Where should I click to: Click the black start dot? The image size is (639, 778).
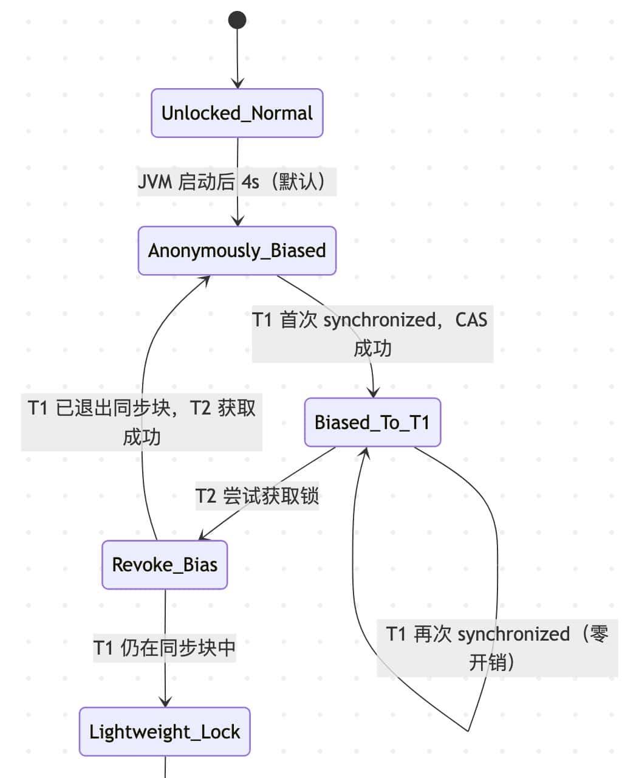237,20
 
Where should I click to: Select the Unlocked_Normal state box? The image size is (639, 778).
237,113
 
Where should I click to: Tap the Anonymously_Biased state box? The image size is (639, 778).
237,250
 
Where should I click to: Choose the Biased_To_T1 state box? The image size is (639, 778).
372,422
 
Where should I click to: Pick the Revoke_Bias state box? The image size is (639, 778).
165,565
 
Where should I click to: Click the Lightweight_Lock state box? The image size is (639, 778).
165,732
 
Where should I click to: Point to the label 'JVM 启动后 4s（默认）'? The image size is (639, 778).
237,181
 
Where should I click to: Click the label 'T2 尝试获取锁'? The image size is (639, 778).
257,495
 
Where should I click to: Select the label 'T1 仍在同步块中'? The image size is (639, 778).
165,647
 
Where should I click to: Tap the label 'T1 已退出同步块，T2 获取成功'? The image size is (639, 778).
142,422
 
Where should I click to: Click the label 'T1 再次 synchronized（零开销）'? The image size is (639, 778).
497,648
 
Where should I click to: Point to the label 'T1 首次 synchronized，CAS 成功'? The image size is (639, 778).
372,334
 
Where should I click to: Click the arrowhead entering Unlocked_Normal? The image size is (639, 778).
237,84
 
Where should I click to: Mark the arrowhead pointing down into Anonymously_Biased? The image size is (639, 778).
237,221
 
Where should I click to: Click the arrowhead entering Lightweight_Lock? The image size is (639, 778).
165,702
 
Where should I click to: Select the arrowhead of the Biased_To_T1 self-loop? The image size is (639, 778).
366,452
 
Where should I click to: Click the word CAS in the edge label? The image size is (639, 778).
471,320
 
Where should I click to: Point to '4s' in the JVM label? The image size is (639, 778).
250,181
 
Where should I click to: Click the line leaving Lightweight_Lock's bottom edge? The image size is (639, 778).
165,767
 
